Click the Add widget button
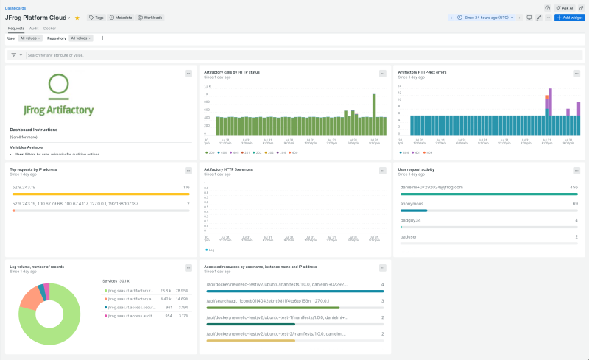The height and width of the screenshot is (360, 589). (570, 17)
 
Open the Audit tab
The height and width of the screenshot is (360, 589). (34, 28)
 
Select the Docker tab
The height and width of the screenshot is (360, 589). (49, 28)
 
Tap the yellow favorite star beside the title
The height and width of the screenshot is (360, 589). (77, 17)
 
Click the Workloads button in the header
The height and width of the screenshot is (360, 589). (150, 17)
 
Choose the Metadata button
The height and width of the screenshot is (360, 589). (121, 17)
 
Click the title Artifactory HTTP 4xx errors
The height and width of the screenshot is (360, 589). (422, 72)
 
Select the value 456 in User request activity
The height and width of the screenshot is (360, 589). (574, 187)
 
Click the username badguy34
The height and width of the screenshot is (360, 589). (410, 220)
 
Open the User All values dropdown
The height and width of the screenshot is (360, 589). (30, 38)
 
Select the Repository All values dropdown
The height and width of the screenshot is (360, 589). (82, 38)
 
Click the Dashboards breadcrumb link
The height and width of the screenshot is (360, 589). (15, 8)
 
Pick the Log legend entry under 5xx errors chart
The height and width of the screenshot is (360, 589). (211, 250)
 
